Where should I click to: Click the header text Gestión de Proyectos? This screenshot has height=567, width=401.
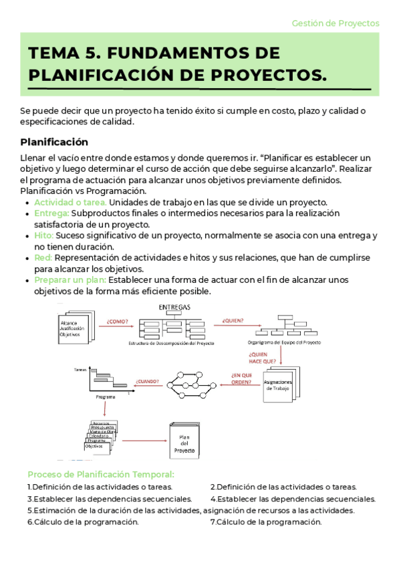coord(336,23)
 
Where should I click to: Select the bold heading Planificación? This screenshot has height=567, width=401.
coord(54,142)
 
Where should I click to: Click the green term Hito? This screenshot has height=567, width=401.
coord(44,236)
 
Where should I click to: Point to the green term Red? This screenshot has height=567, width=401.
coord(43,257)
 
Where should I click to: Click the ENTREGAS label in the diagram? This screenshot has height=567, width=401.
coord(174,307)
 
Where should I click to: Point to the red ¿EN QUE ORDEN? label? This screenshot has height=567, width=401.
coord(242,379)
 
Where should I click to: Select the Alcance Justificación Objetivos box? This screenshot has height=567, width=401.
coord(72,328)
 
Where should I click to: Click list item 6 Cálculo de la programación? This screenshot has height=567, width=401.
coord(83,522)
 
